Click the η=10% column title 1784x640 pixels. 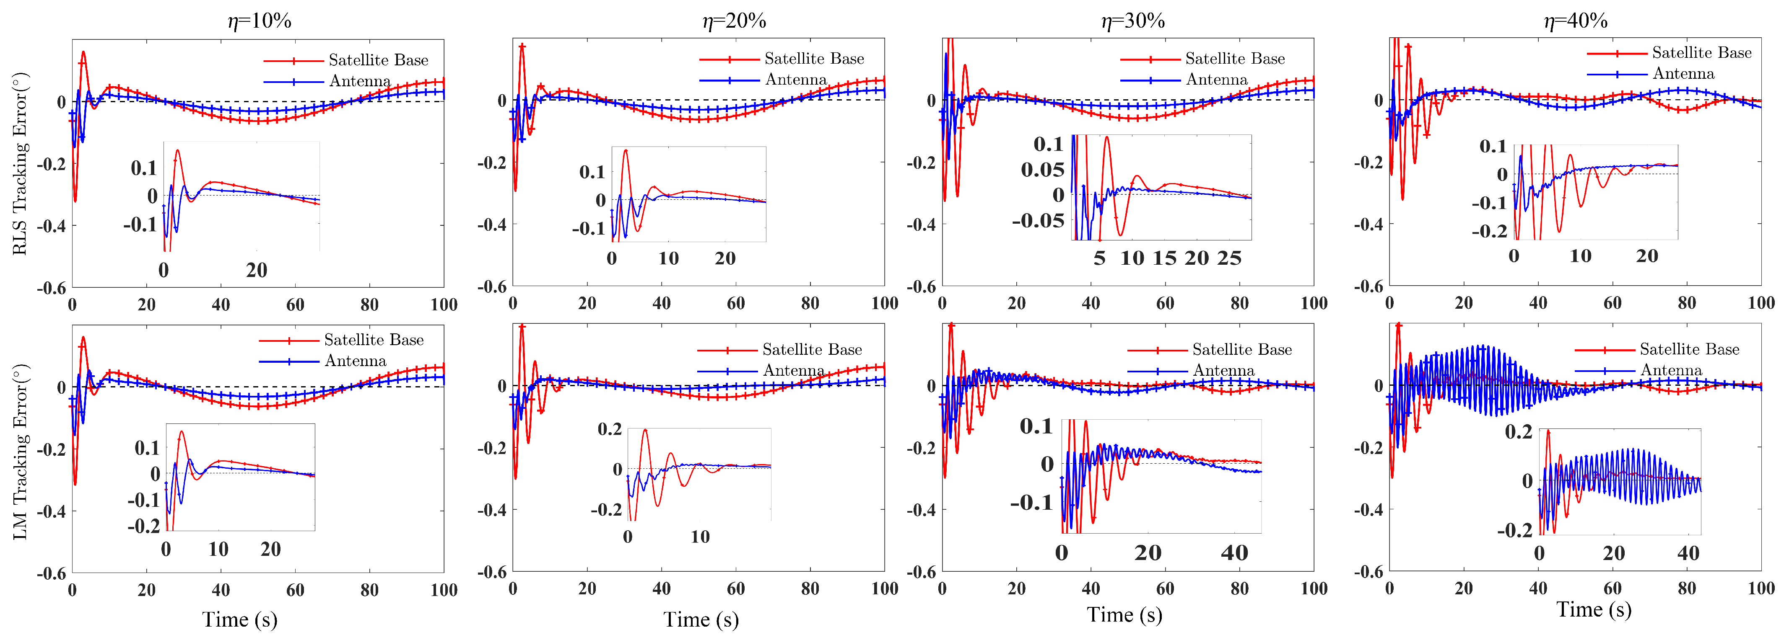point(259,21)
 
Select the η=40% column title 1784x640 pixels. point(1576,21)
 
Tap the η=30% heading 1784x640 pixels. point(1133,21)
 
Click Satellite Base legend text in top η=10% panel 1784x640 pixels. point(378,60)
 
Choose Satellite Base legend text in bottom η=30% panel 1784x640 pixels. point(1242,349)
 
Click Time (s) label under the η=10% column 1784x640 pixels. point(240,619)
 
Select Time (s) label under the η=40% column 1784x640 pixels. point(1594,609)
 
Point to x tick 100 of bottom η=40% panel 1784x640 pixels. point(1761,589)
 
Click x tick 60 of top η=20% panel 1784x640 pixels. point(735,303)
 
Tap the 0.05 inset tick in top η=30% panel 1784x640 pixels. point(1042,170)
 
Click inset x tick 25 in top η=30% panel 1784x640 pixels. point(1229,258)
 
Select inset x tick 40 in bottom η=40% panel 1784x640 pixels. point(1688,553)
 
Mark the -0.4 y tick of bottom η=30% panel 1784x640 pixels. point(920,510)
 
